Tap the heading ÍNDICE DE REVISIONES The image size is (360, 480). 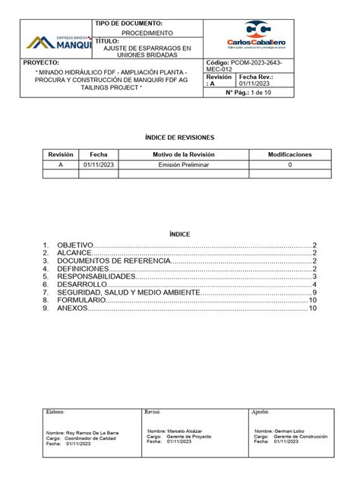[x=179, y=137]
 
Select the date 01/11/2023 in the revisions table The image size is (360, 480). [x=98, y=164]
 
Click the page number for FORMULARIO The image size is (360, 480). [x=312, y=301]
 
